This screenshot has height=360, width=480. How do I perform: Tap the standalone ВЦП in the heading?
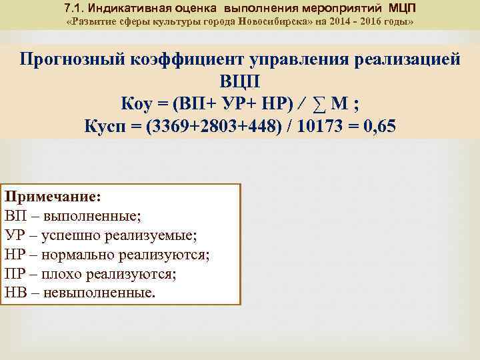pos(240,81)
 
